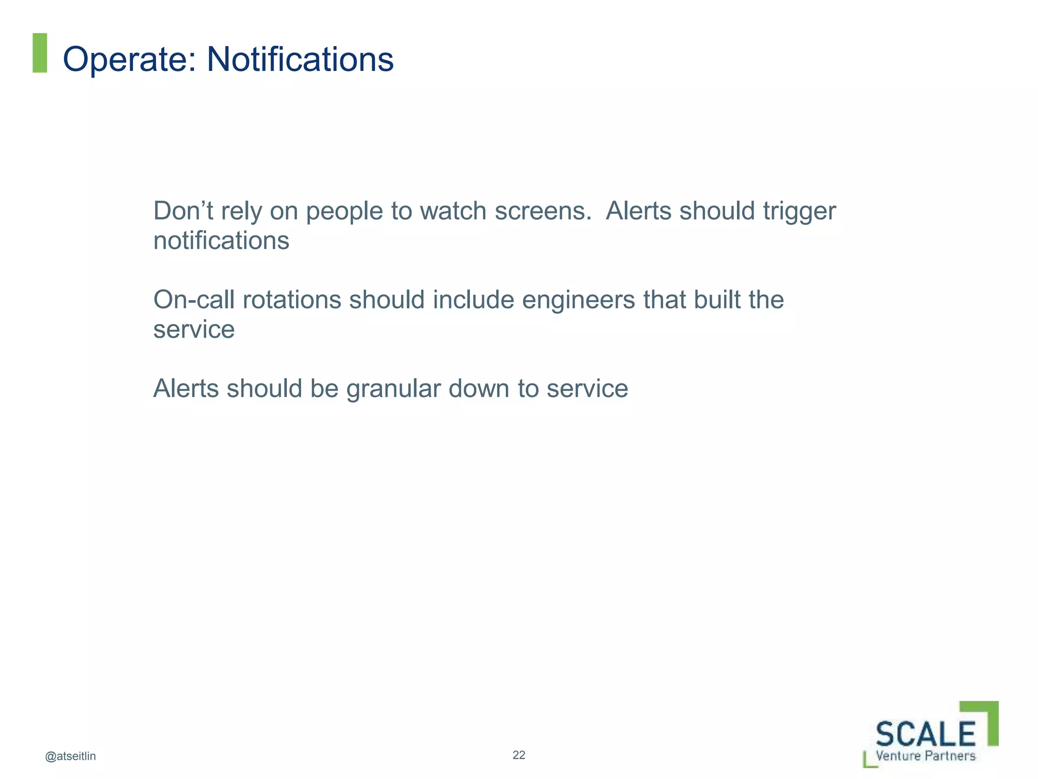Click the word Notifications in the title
coord(300,60)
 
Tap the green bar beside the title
coord(40,53)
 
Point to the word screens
coord(543,211)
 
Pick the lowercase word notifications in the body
coord(221,241)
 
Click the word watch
coord(453,211)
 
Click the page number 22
coord(519,755)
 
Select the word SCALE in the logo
coord(925,734)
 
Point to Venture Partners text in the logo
coord(925,756)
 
